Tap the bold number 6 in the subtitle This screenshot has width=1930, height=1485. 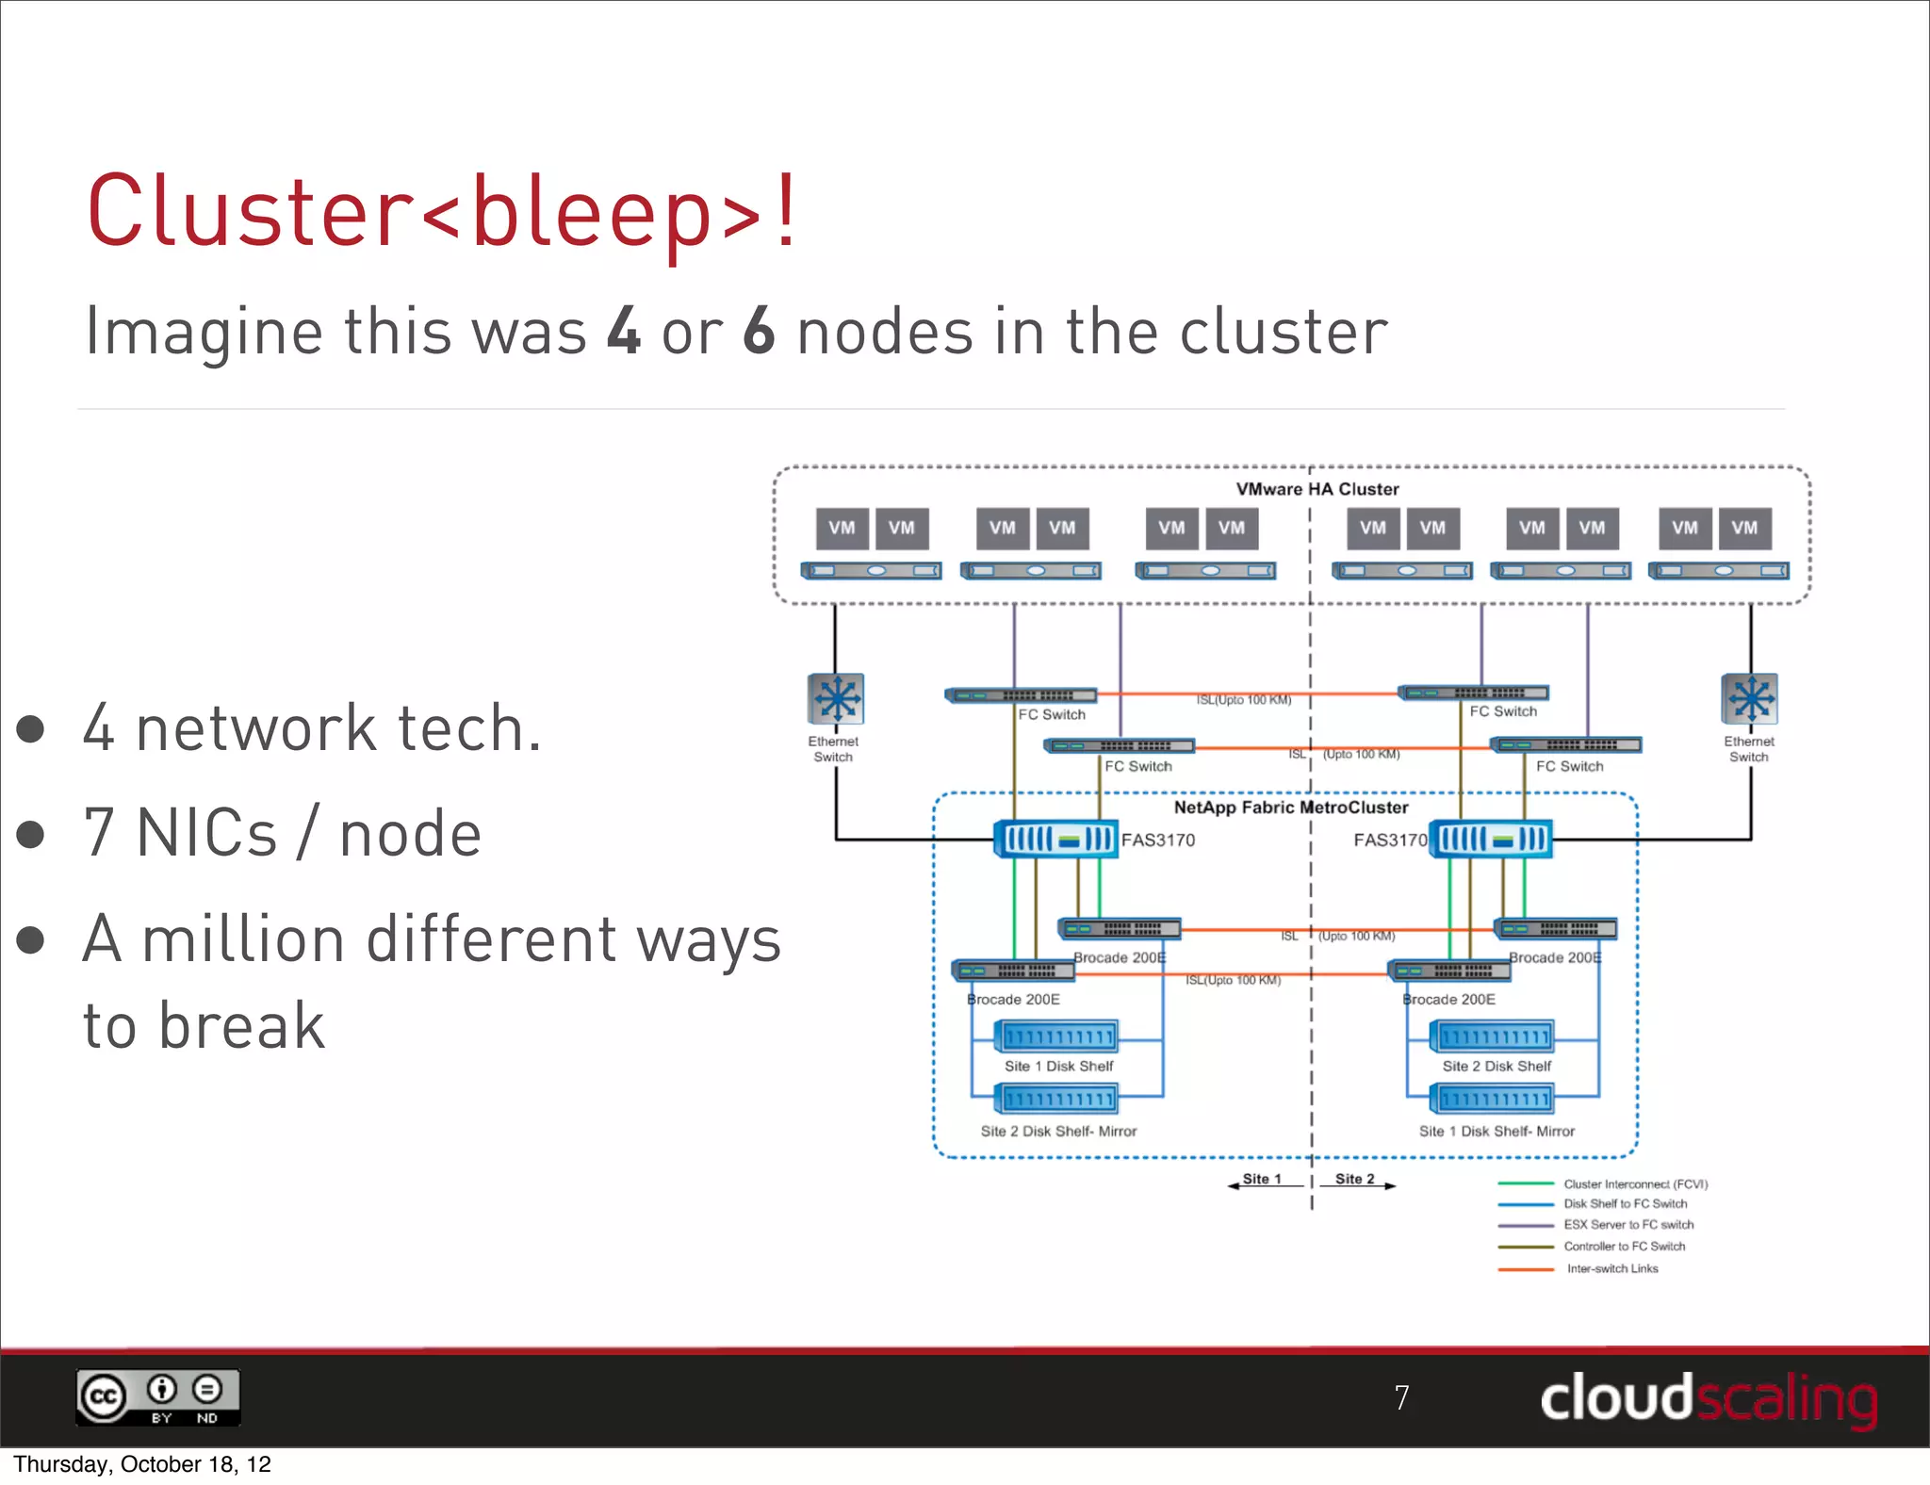tap(759, 331)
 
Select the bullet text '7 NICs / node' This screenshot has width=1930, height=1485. tap(282, 833)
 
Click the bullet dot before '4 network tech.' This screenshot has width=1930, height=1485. tap(31, 728)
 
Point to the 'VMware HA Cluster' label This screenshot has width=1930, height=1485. tap(1317, 489)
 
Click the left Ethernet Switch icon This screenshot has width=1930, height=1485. tap(836, 699)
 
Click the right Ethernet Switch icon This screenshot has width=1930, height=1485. tap(1749, 699)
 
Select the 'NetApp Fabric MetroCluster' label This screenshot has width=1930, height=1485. tap(1290, 808)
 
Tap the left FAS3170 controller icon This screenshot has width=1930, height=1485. tap(1055, 839)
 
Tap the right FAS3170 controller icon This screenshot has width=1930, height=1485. tap(1490, 839)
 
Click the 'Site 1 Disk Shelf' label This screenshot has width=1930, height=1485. tap(1058, 1066)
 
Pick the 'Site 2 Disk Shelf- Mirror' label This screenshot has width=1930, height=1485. tap(1058, 1131)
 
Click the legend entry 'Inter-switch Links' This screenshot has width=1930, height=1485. tap(1611, 1268)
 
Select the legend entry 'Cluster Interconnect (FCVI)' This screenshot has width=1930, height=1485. tap(1635, 1184)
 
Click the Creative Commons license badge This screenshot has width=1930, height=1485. tap(158, 1396)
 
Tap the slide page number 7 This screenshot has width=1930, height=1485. tap(1401, 1397)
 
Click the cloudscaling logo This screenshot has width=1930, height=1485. tap(1708, 1398)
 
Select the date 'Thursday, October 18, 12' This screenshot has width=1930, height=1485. tap(142, 1464)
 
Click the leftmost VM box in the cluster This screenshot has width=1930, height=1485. tap(842, 529)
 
